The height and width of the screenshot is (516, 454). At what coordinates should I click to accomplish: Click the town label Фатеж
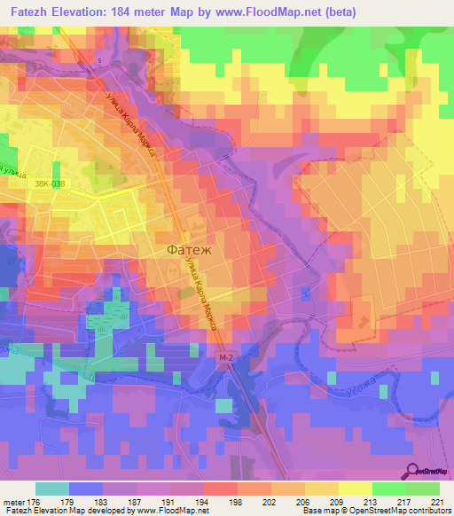[x=189, y=250]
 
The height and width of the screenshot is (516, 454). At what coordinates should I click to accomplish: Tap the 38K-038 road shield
[x=51, y=184]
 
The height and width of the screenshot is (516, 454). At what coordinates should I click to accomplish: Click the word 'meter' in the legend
[x=13, y=501]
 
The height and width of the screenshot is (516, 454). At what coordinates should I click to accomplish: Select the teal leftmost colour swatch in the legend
[x=52, y=489]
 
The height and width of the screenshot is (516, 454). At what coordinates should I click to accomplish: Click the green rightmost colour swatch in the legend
[x=423, y=489]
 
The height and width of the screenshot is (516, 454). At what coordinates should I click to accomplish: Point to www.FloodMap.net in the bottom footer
[x=175, y=511]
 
